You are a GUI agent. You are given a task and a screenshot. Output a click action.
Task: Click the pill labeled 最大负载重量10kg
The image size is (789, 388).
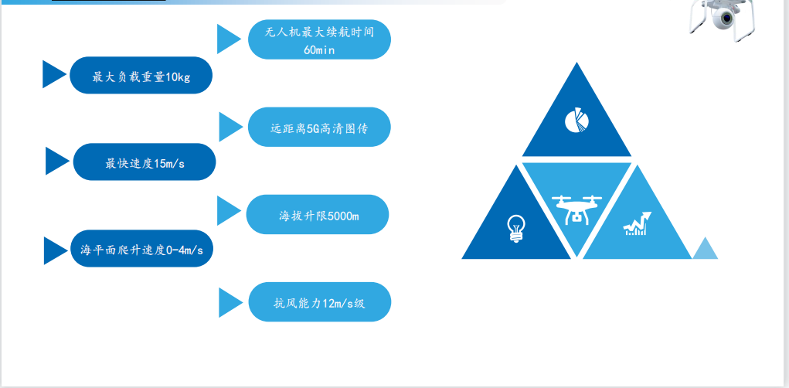[141, 76]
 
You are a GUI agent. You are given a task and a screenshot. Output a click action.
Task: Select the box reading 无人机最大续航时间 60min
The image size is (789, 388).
[319, 39]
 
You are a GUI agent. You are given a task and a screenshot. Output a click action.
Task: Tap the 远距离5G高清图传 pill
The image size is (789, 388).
[319, 128]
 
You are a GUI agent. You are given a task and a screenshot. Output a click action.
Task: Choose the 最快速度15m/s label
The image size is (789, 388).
[145, 162]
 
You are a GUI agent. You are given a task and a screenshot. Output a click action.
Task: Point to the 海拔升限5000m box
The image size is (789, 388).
[318, 215]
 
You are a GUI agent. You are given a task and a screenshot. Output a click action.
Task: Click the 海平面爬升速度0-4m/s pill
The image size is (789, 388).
[141, 249]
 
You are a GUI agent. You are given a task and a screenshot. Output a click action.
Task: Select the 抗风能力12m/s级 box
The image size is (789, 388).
[320, 302]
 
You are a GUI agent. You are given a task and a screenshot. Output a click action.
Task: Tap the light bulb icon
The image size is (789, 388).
[515, 226]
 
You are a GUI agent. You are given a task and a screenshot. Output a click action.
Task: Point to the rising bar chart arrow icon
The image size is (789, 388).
[637, 224]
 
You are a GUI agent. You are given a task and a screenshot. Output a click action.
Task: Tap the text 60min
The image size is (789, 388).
[319, 50]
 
